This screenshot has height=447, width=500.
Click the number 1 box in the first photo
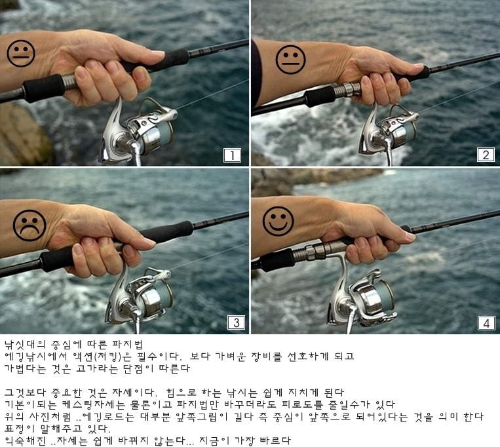[232, 155]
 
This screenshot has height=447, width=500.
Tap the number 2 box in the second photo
[486, 155]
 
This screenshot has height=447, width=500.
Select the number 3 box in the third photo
[237, 322]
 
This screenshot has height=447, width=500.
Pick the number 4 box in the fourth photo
[486, 323]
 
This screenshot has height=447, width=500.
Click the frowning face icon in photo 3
[29, 225]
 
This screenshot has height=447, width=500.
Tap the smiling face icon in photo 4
[278, 221]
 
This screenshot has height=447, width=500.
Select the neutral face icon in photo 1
[21, 53]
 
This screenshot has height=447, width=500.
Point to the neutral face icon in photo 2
[290, 60]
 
